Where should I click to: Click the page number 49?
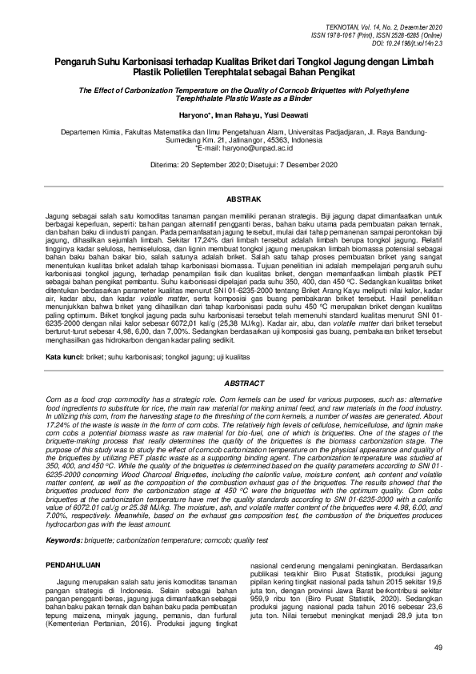tap(437, 647)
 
